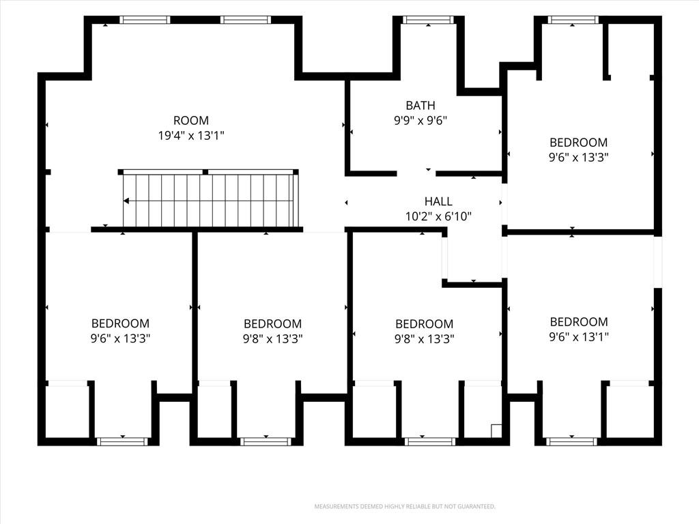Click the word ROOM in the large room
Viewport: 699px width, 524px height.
point(191,120)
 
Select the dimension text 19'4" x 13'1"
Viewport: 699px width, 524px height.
point(191,136)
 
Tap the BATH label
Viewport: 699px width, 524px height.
point(420,106)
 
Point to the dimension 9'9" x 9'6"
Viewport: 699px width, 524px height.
point(420,120)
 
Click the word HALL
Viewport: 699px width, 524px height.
point(438,201)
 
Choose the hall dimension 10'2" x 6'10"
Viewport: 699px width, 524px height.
point(438,216)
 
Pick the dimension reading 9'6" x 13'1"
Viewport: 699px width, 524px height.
point(579,337)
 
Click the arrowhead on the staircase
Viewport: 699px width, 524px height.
point(126,201)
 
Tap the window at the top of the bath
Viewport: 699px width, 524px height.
point(428,20)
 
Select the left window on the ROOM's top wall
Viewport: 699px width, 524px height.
point(145,20)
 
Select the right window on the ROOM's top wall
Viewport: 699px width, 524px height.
point(245,20)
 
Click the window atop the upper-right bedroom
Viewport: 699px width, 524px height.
point(573,20)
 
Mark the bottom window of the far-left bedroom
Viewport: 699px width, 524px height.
point(122,441)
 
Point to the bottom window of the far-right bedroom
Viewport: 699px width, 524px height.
point(571,441)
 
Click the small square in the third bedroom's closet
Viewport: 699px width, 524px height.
point(496,431)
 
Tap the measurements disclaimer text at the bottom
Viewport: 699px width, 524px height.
point(405,507)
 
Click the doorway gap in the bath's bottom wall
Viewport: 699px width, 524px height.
point(416,173)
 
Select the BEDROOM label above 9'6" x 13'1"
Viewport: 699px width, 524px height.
point(579,322)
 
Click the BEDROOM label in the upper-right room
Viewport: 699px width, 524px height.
point(579,143)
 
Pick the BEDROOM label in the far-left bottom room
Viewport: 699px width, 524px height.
point(120,323)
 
